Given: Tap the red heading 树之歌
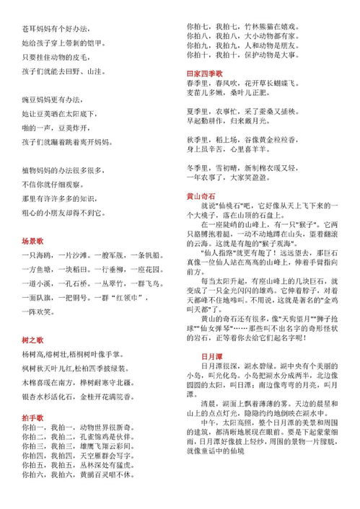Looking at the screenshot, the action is (x=34, y=339).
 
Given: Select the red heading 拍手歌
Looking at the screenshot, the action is (x=34, y=418).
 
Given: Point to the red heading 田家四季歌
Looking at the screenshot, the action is (x=204, y=74).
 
